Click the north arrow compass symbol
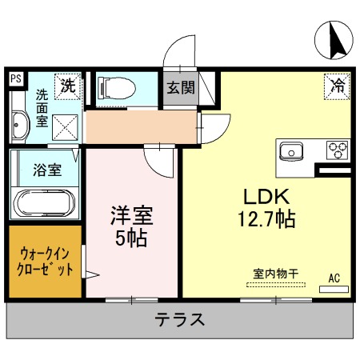click(x=334, y=40)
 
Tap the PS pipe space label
click(x=16, y=78)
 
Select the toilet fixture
click(x=117, y=88)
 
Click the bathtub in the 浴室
click(x=44, y=203)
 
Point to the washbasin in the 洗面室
click(x=20, y=125)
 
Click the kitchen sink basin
click(x=291, y=152)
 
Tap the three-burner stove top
click(x=338, y=150)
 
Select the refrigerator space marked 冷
click(x=337, y=86)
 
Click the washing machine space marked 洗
click(x=68, y=86)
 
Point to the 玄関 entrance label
click(x=181, y=87)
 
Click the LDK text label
click(x=266, y=197)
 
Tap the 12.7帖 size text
click(x=266, y=219)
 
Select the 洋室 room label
click(x=132, y=215)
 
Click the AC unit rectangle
click(x=334, y=290)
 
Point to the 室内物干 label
click(x=276, y=274)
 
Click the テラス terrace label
click(x=180, y=319)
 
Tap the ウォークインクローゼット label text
click(x=45, y=262)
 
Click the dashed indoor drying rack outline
click(x=276, y=285)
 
